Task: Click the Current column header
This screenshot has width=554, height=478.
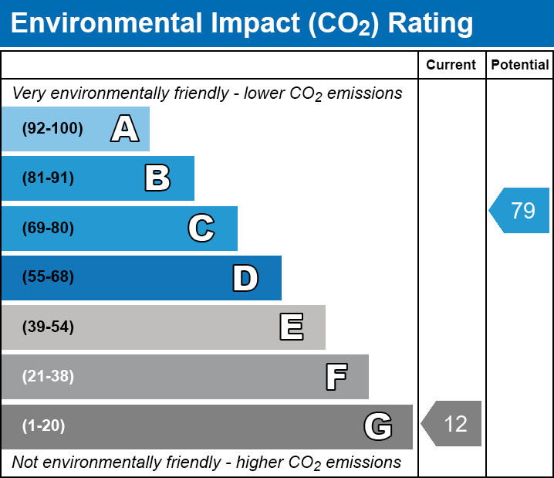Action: click(451, 65)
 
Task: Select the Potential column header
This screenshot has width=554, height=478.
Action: click(520, 65)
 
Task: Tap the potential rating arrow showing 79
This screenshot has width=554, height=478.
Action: click(519, 210)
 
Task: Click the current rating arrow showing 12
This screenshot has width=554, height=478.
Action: click(451, 423)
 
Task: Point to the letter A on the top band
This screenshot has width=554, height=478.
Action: click(125, 128)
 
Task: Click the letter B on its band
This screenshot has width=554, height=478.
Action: click(157, 178)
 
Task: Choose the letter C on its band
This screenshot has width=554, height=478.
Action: click(201, 228)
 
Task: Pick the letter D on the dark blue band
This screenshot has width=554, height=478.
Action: click(245, 278)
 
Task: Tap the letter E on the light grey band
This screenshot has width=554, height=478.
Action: click(292, 327)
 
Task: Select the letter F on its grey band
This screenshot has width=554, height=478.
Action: click(336, 377)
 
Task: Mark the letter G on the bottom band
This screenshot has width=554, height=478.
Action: click(378, 426)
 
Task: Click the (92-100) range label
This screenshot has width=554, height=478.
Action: click(52, 128)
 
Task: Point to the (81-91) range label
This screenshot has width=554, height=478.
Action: click(48, 178)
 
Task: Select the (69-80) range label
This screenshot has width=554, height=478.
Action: click(48, 228)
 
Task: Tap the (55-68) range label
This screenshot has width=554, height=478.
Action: click(48, 276)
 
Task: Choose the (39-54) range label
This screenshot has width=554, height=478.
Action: click(48, 327)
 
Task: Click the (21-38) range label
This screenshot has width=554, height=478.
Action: click(48, 376)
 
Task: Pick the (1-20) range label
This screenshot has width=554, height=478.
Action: click(43, 425)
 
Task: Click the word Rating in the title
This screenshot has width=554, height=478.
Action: click(431, 24)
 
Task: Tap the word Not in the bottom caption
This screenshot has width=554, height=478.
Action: click(25, 462)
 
